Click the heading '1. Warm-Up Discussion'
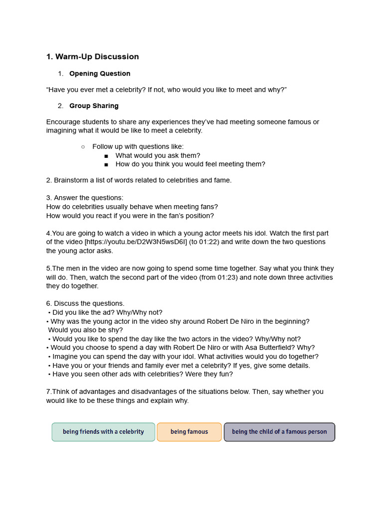tap(92, 57)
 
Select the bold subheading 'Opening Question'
tap(100, 74)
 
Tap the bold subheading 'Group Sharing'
tap(94, 106)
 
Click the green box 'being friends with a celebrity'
tap(103, 432)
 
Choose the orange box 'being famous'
tap(189, 432)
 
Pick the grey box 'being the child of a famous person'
tap(279, 432)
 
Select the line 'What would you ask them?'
tap(158, 155)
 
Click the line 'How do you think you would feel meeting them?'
tap(190, 164)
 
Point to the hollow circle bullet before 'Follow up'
tap(83, 146)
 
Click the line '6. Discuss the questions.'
tap(85, 303)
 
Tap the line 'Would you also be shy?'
tap(85, 330)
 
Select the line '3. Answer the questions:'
tap(85, 198)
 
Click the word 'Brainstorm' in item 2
tap(71, 180)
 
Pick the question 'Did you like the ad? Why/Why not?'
tap(107, 312)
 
